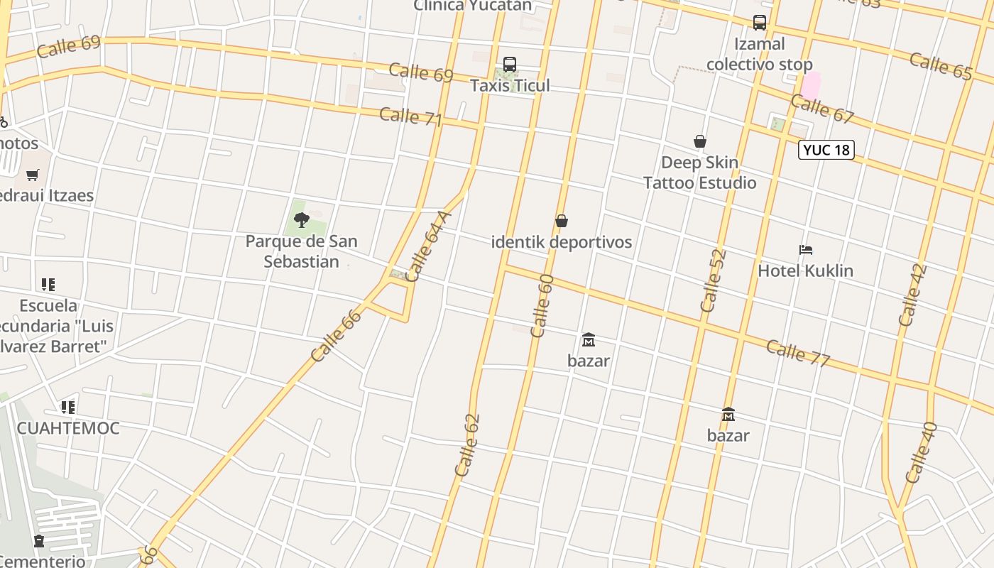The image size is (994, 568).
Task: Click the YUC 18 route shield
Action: [826, 150]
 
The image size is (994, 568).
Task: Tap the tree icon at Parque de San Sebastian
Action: [302, 219]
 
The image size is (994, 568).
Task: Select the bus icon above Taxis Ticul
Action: [509, 65]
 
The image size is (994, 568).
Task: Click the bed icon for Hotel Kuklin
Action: [805, 250]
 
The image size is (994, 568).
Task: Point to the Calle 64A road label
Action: [428, 246]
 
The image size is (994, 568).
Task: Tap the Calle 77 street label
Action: [798, 353]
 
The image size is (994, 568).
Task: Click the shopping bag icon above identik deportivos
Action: [561, 221]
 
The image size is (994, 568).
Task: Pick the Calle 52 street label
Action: [713, 280]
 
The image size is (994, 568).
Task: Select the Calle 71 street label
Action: [410, 116]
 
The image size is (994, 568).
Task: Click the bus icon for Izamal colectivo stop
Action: [759, 23]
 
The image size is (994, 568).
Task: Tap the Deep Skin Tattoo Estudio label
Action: [700, 173]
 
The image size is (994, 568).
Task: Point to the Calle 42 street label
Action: [912, 295]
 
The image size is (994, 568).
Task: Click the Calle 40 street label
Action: [922, 452]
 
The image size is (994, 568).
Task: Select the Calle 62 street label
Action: [467, 444]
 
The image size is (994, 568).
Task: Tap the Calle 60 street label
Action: [541, 305]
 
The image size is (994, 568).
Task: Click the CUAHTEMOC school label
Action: [68, 428]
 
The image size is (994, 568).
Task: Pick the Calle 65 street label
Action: [941, 65]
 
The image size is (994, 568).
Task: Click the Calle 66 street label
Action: [336, 334]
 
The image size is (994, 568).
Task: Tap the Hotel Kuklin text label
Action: [805, 271]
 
